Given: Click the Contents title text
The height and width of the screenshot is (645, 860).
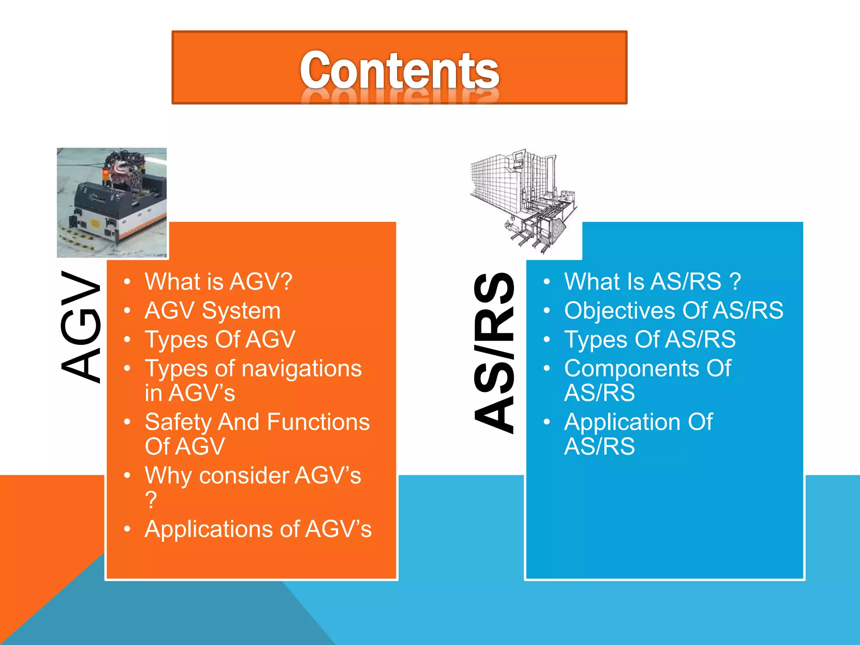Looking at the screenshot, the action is (399, 70).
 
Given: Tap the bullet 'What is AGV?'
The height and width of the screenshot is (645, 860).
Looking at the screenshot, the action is (218, 281).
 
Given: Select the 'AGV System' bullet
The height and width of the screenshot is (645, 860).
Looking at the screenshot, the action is (212, 311).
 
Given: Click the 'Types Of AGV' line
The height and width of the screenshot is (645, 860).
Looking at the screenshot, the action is (220, 339).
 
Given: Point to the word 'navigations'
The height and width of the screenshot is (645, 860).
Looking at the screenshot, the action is (302, 369).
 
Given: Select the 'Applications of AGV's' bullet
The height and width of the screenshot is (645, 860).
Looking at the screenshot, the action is (258, 529).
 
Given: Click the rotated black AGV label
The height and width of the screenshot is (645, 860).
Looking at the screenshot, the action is (81, 327).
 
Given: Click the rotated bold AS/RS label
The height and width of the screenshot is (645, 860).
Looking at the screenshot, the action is (494, 353).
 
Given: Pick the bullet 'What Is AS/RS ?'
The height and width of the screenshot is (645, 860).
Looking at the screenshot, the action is (652, 281).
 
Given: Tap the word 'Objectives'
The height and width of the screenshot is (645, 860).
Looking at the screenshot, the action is (620, 311).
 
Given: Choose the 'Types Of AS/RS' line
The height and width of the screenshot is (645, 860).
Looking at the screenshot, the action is (650, 339).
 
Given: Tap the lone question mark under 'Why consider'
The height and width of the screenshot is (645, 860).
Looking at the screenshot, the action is (151, 500).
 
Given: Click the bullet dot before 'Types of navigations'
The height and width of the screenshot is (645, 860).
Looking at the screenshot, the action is (127, 369).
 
